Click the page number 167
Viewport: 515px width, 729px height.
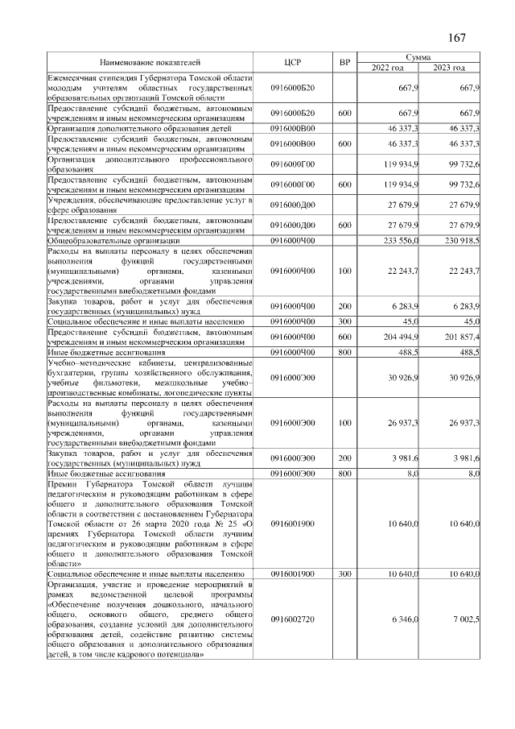tap(456, 38)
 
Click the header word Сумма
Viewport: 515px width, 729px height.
tap(418, 57)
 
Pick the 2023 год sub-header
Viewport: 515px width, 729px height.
tap(449, 67)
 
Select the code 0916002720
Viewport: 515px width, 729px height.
tap(293, 618)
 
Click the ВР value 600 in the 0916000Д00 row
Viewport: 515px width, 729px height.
tap(344, 225)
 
